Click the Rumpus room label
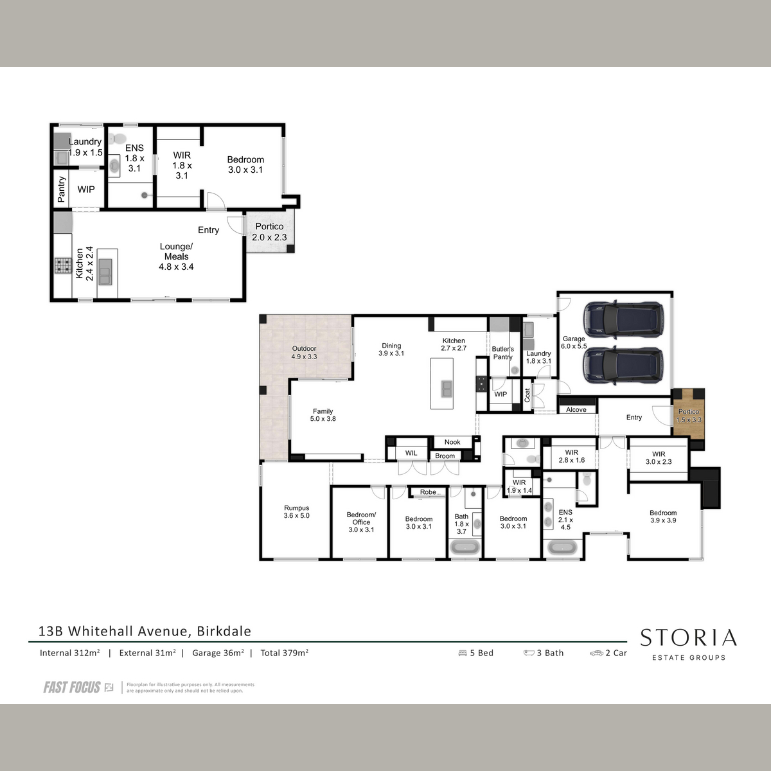(296, 511)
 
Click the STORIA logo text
(688, 638)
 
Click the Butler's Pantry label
(502, 353)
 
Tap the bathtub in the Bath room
(465, 547)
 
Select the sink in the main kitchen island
(447, 389)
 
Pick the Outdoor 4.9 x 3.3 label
(304, 353)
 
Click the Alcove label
(576, 410)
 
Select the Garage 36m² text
(218, 653)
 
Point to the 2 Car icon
(596, 653)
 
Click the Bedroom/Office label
(361, 522)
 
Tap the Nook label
(452, 442)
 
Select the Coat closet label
(527, 395)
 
